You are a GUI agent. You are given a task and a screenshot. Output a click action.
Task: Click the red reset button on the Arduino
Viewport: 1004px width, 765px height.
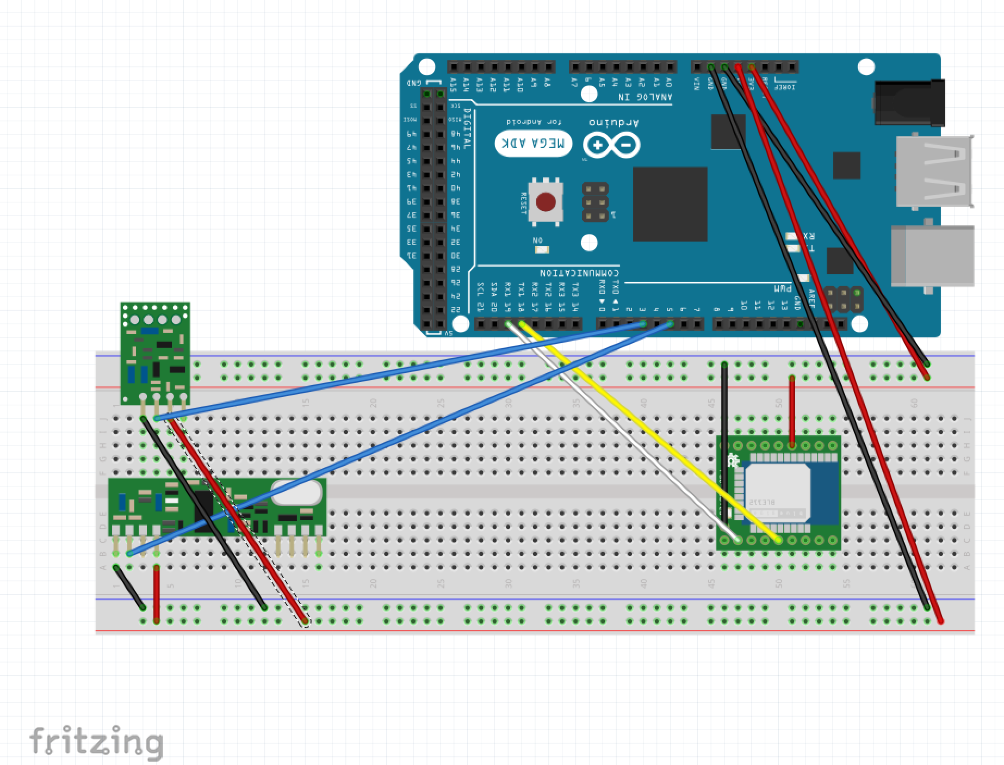(x=546, y=202)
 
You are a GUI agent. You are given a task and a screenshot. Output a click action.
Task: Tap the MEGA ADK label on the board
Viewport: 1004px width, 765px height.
(x=534, y=144)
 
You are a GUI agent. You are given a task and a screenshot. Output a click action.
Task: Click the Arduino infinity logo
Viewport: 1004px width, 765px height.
(x=611, y=145)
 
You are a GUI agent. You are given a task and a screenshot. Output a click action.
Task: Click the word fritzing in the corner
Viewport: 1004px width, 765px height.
(x=96, y=741)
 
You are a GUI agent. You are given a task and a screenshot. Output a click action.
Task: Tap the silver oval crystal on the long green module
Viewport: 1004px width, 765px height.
(x=296, y=493)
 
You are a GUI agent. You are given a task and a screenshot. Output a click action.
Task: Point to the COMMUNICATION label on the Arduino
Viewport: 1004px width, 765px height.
(x=579, y=272)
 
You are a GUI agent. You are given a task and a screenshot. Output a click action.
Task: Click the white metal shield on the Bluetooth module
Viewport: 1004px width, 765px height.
(x=778, y=492)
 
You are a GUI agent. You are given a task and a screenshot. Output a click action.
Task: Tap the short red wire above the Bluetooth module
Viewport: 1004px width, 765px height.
(x=792, y=411)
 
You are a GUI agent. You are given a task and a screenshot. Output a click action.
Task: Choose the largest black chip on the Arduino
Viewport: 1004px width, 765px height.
(x=670, y=204)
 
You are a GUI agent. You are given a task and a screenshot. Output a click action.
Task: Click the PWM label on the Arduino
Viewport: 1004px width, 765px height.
(x=782, y=288)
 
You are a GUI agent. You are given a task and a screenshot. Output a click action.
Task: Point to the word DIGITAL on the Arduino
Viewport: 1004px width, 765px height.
(x=467, y=128)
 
